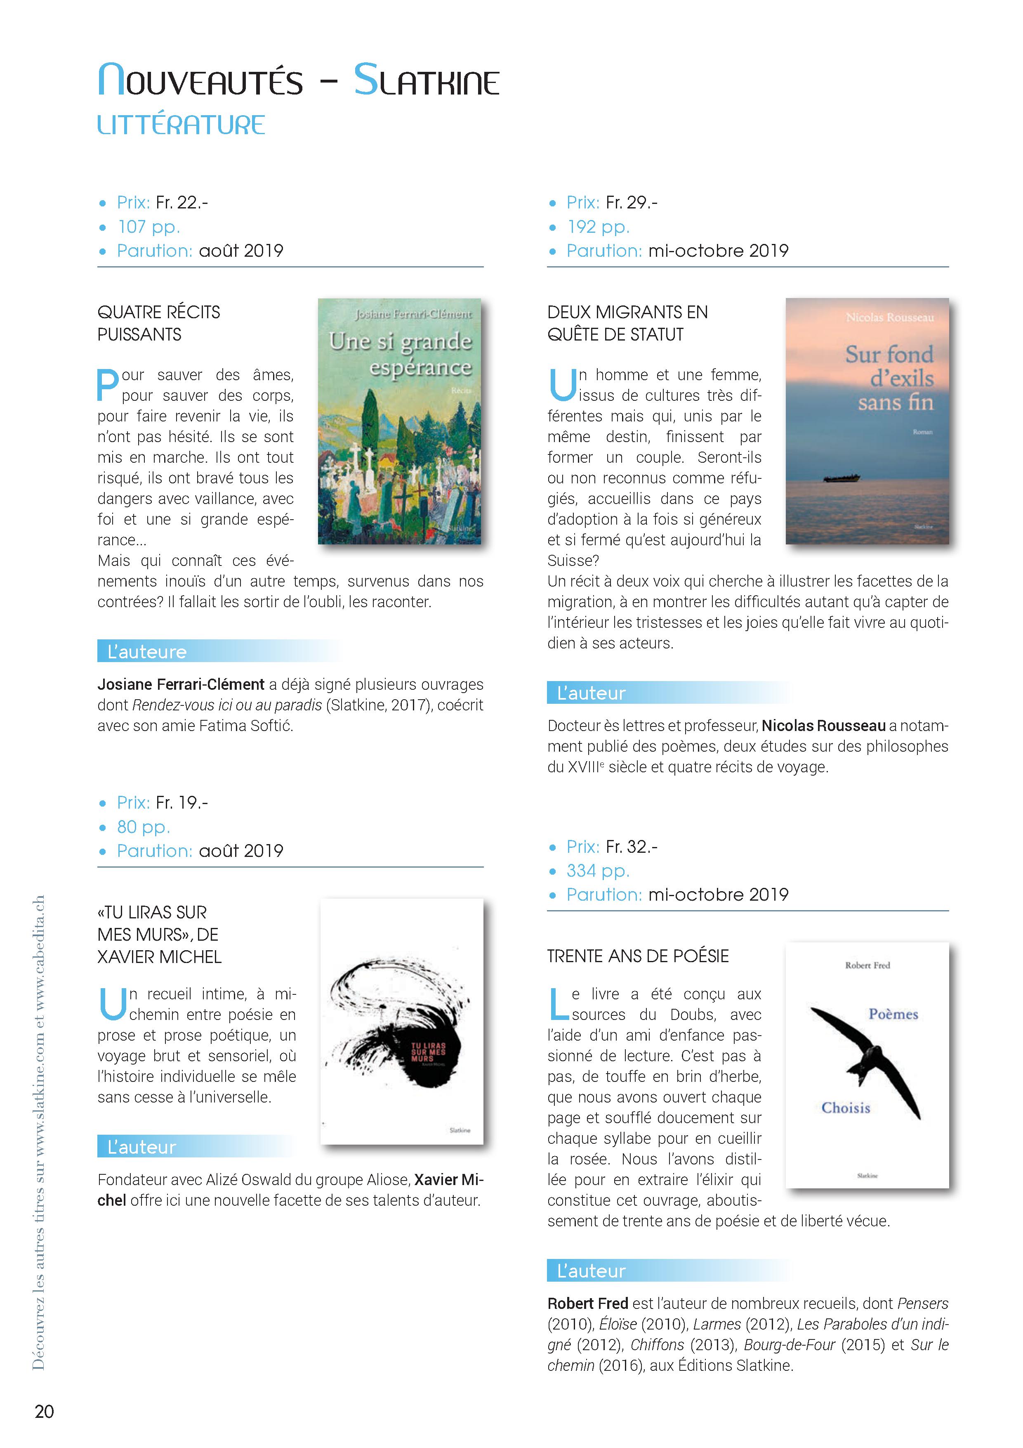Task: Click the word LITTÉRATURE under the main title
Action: coord(181,125)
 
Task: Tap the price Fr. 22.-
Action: coord(181,202)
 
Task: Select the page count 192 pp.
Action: coord(598,227)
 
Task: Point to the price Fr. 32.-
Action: coord(631,846)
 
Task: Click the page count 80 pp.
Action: coord(143,827)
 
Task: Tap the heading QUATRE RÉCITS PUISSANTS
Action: coord(158,323)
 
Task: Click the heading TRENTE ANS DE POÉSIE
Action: coord(637,956)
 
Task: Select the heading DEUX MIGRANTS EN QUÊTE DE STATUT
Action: coord(627,323)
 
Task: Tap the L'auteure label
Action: coord(147,651)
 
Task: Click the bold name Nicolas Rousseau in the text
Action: coord(823,726)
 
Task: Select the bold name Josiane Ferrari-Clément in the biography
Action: coord(181,685)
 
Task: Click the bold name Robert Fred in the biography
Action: coord(587,1304)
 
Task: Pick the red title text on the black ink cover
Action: coord(428,1051)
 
